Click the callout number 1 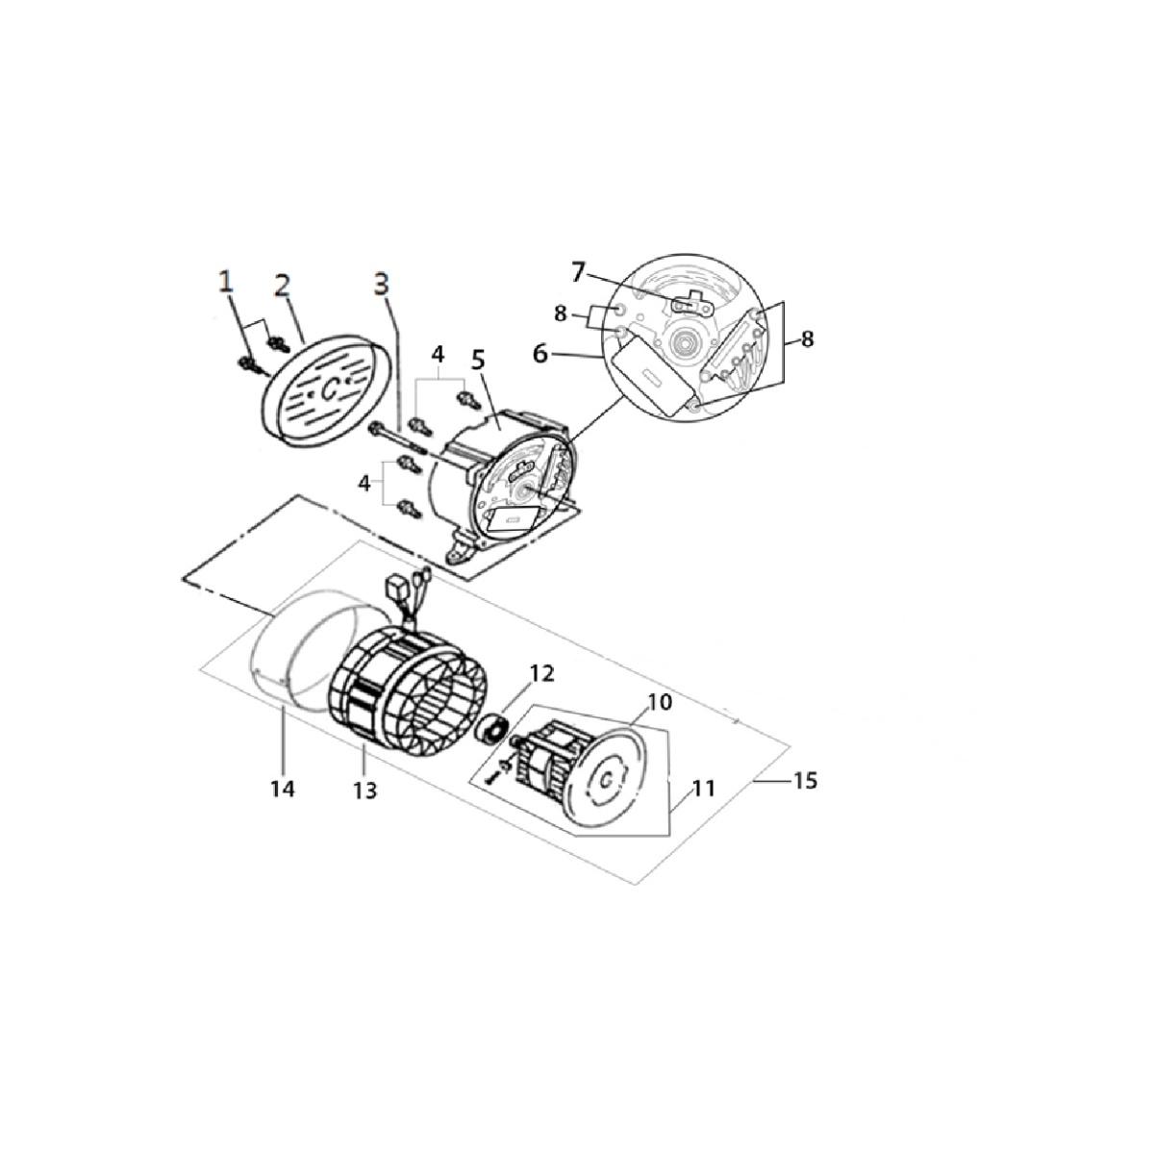coord(226,282)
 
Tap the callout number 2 coord(282,287)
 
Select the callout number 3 coord(382,285)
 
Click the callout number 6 coord(540,355)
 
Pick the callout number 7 coord(577,273)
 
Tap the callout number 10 coord(661,702)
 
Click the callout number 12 coord(542,674)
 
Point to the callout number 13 coord(364,791)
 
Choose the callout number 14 coord(282,790)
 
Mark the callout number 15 coord(806,781)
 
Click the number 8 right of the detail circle coord(807,339)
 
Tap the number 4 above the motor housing coord(438,355)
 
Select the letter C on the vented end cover coord(329,389)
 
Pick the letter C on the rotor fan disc coord(607,780)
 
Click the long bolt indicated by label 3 coord(396,438)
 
